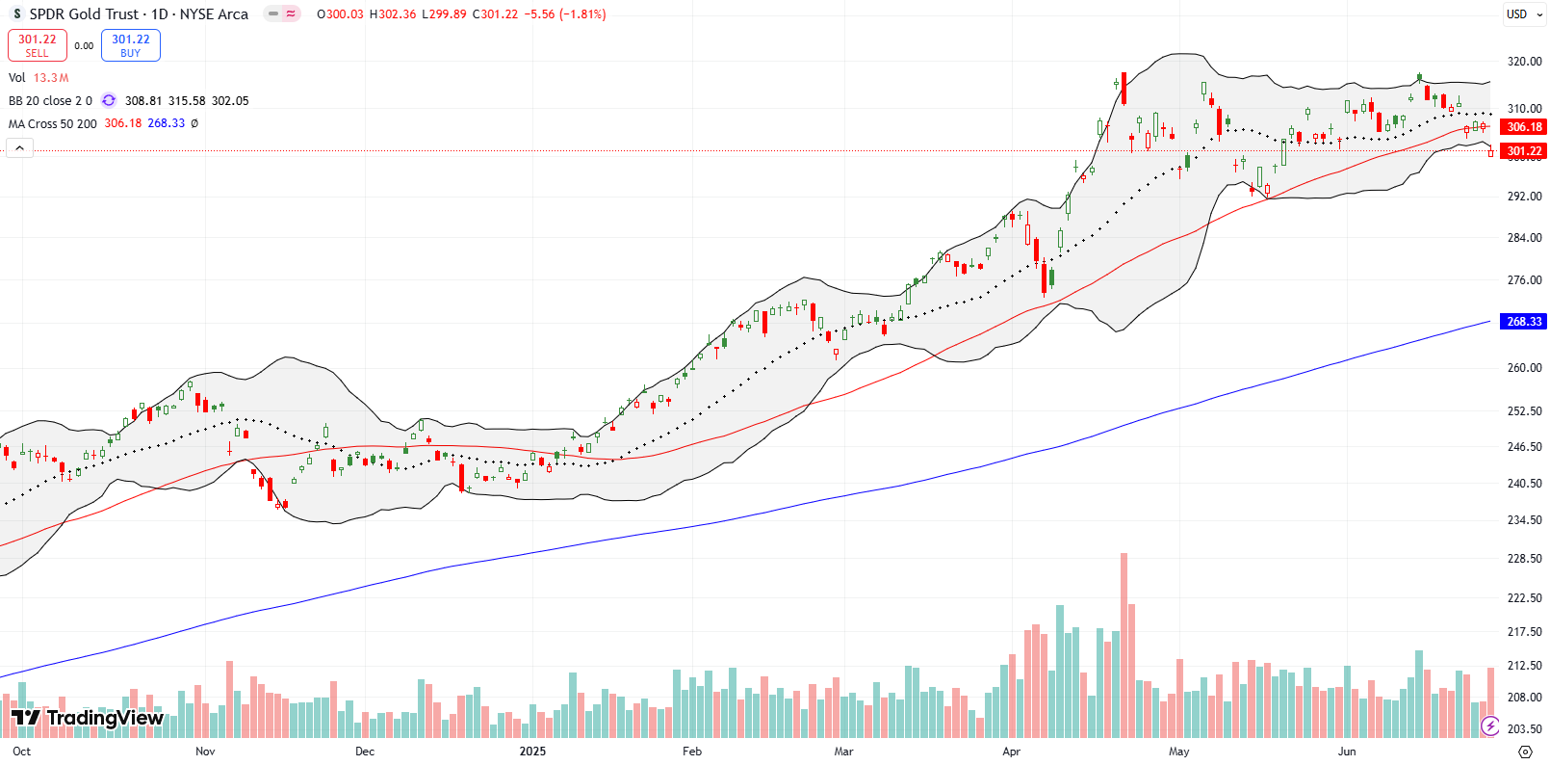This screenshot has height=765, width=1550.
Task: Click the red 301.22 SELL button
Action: point(38,45)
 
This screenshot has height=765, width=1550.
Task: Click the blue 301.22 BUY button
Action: point(131,45)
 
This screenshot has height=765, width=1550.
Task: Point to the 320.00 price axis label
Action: point(1524,62)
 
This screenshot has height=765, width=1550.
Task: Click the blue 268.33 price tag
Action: point(1523,322)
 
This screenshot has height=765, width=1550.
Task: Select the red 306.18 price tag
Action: point(1523,127)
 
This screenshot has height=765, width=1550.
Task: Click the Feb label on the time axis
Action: point(691,752)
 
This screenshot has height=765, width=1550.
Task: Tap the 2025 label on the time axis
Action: point(531,752)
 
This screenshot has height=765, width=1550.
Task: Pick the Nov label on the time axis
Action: point(205,752)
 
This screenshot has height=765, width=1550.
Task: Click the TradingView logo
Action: point(88,718)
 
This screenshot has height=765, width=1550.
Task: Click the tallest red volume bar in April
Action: point(1124,646)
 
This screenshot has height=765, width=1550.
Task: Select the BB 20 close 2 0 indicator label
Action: point(50,101)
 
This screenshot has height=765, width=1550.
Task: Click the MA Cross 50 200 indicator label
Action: point(53,124)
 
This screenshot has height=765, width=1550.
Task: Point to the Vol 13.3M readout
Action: point(39,78)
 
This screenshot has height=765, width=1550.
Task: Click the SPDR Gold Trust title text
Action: point(85,14)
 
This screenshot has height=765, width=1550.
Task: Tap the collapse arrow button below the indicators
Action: point(19,148)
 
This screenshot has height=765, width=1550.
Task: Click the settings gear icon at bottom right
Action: point(1524,752)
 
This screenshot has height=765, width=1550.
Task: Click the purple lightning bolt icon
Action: point(1489,725)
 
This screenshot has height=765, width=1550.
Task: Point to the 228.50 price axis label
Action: point(1524,559)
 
